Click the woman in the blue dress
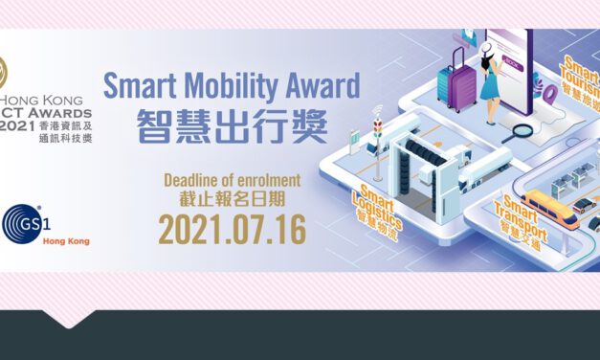[x=490, y=78]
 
